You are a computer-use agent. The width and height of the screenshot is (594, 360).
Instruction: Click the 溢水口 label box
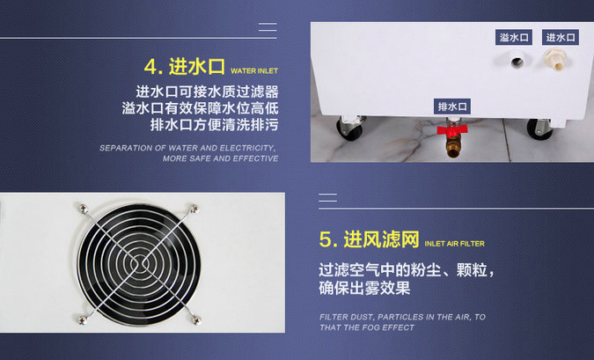click(x=514, y=37)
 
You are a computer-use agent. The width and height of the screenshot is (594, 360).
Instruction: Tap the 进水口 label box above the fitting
click(x=561, y=37)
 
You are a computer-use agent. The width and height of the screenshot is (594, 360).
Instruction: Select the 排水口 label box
click(x=452, y=107)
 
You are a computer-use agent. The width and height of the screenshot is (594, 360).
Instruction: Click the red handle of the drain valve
click(x=452, y=130)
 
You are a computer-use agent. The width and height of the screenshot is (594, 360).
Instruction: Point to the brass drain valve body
click(x=452, y=146)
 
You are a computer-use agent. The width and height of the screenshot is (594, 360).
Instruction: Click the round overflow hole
click(x=517, y=62)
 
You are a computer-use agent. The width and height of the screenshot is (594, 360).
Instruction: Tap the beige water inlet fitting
click(x=556, y=60)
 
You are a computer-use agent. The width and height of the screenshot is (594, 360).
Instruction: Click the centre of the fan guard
click(x=139, y=263)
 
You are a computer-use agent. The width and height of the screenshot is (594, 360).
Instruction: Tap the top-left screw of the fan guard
click(x=83, y=208)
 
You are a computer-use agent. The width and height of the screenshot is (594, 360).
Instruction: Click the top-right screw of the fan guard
click(x=194, y=209)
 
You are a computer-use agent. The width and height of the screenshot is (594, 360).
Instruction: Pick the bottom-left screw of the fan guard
click(x=82, y=320)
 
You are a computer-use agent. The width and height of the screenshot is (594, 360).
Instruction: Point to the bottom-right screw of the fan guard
click(x=195, y=320)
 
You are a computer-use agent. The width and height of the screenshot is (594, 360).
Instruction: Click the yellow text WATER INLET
click(x=254, y=71)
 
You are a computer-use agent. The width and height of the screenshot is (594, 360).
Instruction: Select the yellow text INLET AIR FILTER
click(x=455, y=244)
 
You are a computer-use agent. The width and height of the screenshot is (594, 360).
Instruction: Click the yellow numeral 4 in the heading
click(x=150, y=67)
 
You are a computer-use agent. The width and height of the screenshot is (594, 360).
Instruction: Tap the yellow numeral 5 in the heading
click(x=325, y=239)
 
